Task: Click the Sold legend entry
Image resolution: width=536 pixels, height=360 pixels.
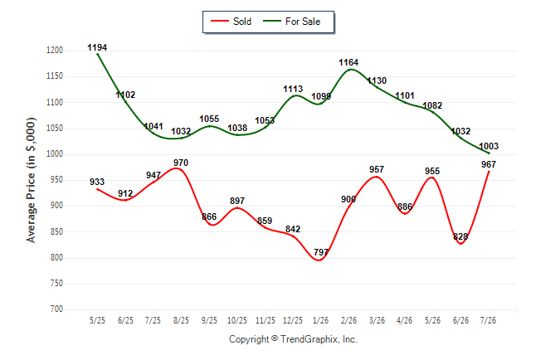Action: [x=231, y=22]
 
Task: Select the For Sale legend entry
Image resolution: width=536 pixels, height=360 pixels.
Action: [x=292, y=22]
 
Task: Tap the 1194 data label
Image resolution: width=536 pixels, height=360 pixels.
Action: [x=97, y=47]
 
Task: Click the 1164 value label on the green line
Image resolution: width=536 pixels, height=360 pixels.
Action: [x=348, y=62]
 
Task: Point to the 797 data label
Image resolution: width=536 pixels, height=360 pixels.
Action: [x=321, y=252]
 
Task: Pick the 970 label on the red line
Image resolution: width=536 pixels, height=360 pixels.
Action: [x=181, y=163]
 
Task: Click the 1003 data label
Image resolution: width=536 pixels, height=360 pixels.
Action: [x=489, y=146]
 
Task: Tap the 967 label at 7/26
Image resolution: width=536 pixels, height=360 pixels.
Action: [x=489, y=164]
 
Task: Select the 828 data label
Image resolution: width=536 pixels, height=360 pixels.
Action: [x=460, y=236]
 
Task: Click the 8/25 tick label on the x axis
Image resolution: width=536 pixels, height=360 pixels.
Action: [x=181, y=320]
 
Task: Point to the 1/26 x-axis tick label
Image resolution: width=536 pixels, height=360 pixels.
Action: [x=320, y=320]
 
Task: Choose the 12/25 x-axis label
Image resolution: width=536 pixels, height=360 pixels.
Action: [x=293, y=320]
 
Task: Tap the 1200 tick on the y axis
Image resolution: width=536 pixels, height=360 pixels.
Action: [x=55, y=51]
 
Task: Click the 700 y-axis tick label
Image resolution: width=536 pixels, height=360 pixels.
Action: [x=56, y=309]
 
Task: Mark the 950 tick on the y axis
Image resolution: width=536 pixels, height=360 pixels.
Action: [x=56, y=180]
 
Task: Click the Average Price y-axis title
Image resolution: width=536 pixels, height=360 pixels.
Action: [x=31, y=180]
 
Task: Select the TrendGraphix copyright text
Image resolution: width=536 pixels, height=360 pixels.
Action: [x=293, y=339]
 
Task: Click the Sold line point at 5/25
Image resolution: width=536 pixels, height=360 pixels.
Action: [x=97, y=189]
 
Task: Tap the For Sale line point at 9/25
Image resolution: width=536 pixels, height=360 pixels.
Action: [x=209, y=126]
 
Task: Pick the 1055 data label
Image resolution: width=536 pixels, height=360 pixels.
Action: [x=209, y=119]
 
